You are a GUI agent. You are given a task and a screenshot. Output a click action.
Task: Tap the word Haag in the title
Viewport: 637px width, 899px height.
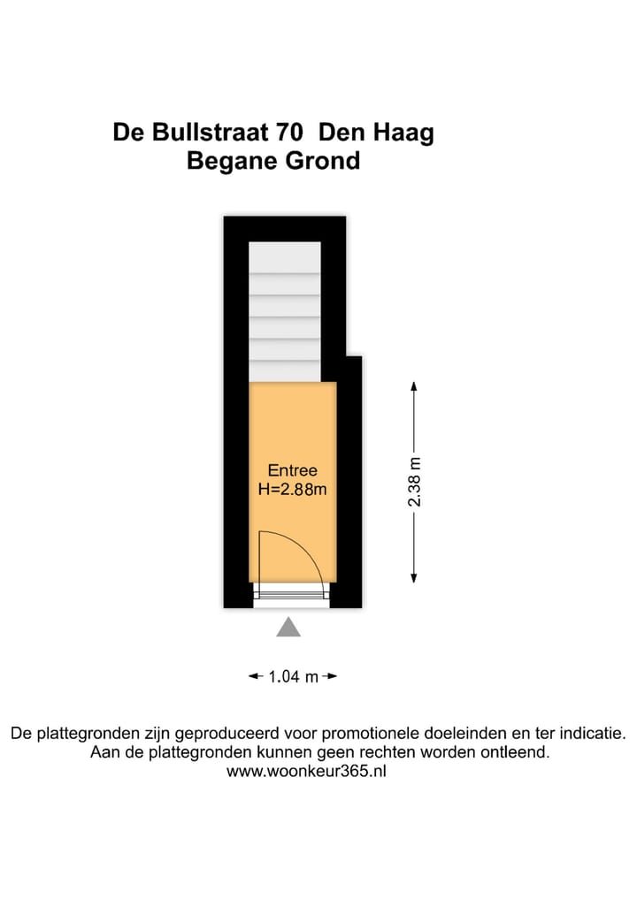(x=406, y=133)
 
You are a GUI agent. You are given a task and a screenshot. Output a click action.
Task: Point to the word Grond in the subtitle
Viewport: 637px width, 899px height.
(x=324, y=162)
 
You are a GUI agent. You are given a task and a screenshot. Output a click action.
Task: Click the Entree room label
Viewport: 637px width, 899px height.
(x=292, y=471)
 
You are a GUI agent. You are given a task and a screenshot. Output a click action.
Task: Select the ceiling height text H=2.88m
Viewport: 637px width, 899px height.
(x=292, y=489)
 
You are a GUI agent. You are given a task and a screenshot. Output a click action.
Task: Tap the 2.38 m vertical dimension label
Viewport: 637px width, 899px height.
(x=414, y=481)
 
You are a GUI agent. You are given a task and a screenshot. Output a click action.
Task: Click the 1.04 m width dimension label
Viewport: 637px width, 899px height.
(x=293, y=677)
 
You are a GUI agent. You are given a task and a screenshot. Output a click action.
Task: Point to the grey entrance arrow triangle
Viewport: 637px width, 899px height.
(x=288, y=628)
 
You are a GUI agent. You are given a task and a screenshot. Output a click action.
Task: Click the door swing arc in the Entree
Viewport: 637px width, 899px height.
(x=306, y=548)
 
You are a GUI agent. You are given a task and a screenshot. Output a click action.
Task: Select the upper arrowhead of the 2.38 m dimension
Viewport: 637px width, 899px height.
(x=414, y=386)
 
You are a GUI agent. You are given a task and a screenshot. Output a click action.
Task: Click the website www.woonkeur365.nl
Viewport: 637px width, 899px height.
(x=307, y=771)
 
